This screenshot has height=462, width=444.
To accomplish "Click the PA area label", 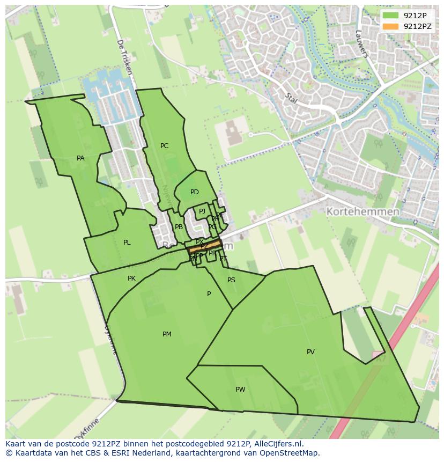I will click(x=80, y=158).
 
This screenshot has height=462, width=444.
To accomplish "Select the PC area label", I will click(x=164, y=146).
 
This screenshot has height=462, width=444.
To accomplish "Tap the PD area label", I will click(x=194, y=192).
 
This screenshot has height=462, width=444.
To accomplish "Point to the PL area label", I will click(x=127, y=243).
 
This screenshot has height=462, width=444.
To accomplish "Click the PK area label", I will click(x=131, y=278).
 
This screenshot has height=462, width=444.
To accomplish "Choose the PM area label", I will click(x=167, y=334).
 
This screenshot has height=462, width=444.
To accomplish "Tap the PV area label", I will click(x=310, y=352).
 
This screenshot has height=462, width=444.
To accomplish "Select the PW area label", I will click(x=240, y=390).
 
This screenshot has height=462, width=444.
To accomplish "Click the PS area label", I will click(x=231, y=280).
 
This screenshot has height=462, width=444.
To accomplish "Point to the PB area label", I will click(x=179, y=227).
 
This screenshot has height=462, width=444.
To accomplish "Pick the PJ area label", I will click(x=202, y=211).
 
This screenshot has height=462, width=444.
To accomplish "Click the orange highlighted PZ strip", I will click(x=204, y=247).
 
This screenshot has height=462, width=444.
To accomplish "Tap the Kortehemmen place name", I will click(x=362, y=211).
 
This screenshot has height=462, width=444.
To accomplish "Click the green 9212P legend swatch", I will click(x=391, y=15).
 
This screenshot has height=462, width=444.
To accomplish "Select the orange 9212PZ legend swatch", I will click(x=391, y=26).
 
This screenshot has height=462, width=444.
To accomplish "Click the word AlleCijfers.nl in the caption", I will click(x=278, y=444).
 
